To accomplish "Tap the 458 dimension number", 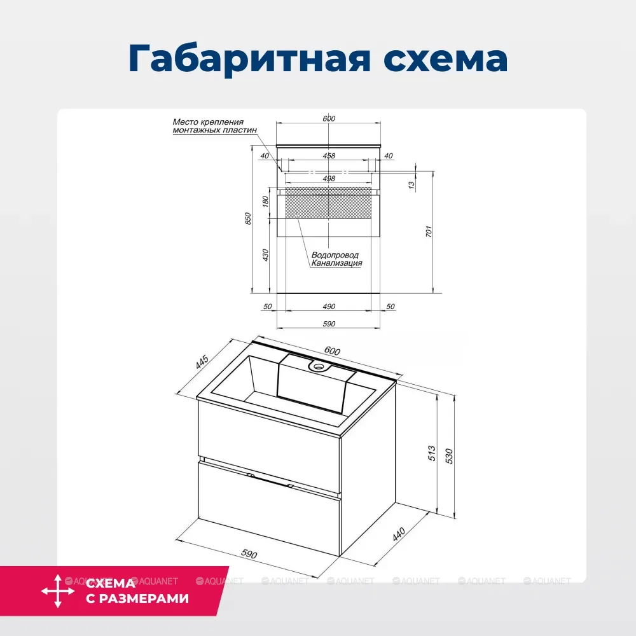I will [x=329, y=156].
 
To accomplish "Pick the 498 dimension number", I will [x=329, y=179].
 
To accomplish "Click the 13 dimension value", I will [x=411, y=184].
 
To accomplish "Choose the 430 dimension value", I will [x=266, y=254].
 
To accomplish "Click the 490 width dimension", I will [x=329, y=307].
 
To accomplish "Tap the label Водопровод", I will [x=335, y=255].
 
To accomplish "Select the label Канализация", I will [x=336, y=263].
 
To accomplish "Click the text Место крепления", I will [x=207, y=121].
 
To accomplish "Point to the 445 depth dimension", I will [x=202, y=363].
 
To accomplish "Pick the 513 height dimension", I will [x=433, y=452].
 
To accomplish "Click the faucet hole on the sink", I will [x=316, y=366].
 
